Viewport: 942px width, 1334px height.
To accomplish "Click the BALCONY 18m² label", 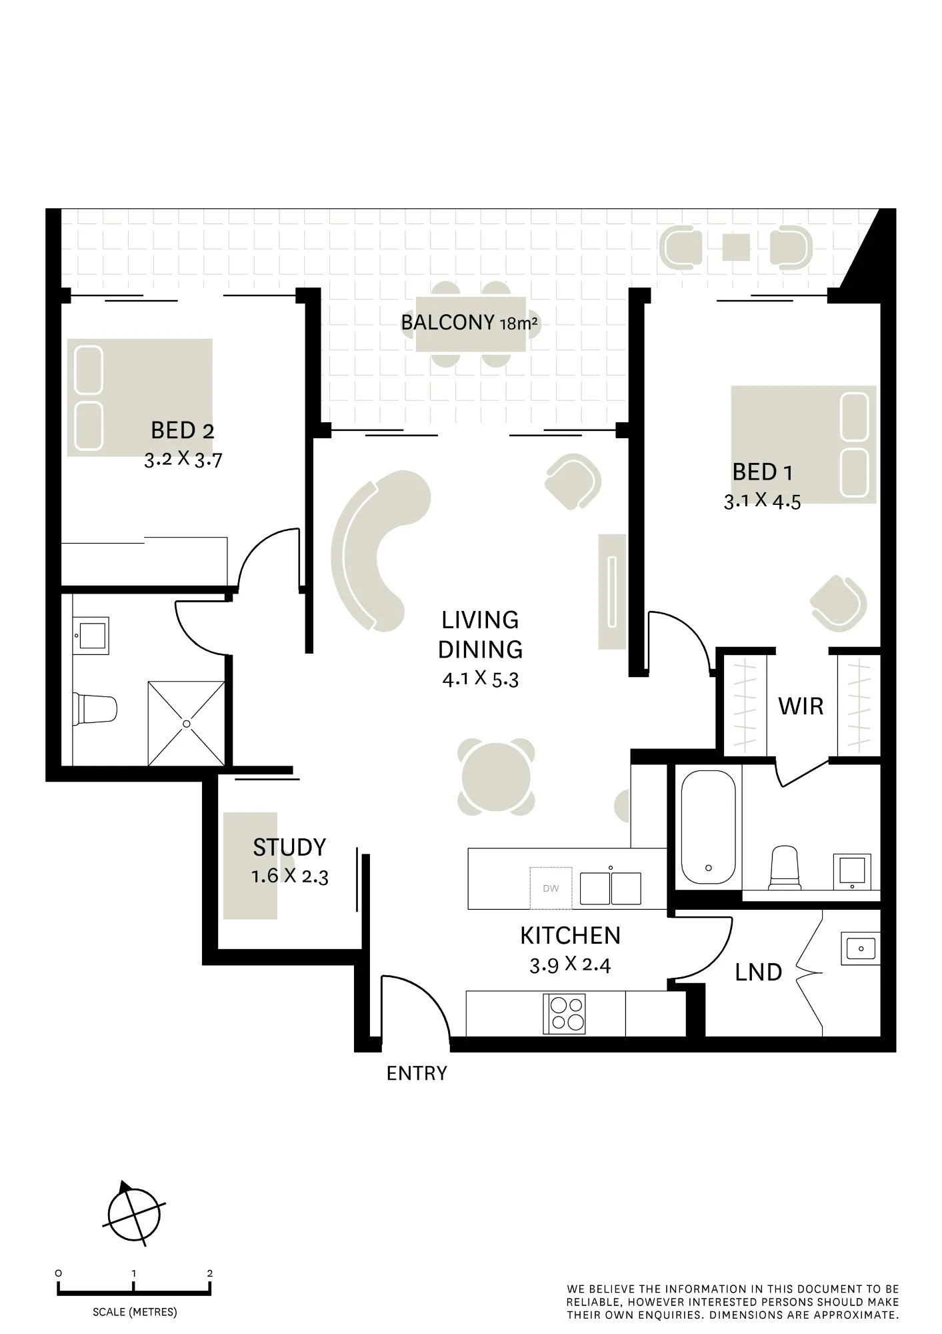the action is (469, 323).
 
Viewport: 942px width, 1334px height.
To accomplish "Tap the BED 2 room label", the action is (183, 430).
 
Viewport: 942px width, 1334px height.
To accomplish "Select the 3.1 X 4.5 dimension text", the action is (763, 501).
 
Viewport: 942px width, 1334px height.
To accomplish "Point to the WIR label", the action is (801, 706).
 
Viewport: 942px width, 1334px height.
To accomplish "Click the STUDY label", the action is (289, 847).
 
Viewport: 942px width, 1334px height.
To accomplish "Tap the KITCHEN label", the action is (570, 936).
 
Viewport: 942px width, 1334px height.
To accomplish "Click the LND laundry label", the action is (758, 972).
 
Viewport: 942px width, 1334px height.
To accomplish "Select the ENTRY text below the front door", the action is (417, 1073).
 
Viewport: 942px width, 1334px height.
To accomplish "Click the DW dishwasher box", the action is (551, 888).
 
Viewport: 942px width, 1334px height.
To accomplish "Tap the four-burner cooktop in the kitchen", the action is (565, 1013).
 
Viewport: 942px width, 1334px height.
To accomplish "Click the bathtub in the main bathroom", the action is (708, 828).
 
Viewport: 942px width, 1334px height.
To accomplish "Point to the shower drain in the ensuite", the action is (187, 724).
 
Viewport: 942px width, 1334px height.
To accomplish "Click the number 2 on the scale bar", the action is (210, 1273).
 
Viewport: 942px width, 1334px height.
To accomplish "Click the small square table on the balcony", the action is (736, 247).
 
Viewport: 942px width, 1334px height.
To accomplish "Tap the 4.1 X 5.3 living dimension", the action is (480, 679).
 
